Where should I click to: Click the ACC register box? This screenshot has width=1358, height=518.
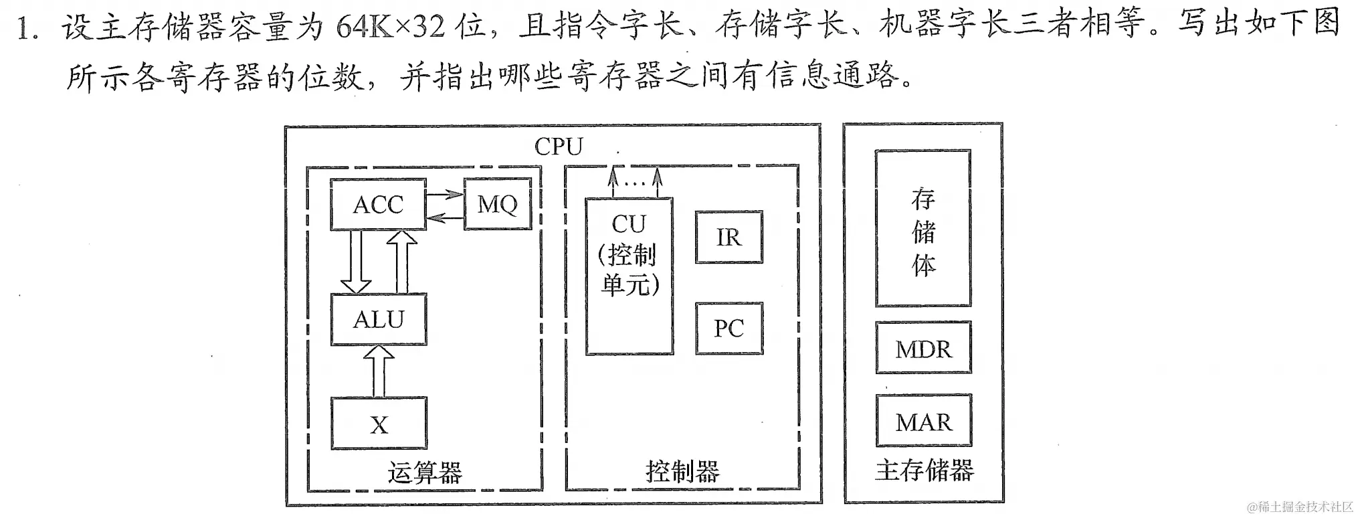(x=378, y=204)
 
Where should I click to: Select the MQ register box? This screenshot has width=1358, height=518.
(x=497, y=204)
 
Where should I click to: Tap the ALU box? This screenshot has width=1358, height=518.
(x=379, y=319)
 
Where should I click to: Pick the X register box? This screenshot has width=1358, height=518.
(x=379, y=424)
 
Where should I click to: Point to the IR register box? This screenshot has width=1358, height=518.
(x=729, y=238)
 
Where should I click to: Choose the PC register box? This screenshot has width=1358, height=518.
(x=729, y=328)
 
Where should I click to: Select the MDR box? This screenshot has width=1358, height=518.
(x=923, y=348)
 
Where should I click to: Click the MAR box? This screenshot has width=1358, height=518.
(x=923, y=422)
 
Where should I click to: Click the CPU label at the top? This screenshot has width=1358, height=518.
(x=559, y=147)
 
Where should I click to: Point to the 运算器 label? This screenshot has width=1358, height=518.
(x=425, y=472)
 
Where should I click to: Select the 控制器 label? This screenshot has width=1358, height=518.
(x=682, y=472)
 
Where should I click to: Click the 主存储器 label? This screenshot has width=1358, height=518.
(x=924, y=471)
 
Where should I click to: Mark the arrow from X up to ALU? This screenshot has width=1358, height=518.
(x=379, y=371)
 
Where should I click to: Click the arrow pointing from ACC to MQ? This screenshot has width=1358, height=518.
(x=445, y=195)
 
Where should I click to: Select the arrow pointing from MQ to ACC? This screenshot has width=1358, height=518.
(x=445, y=216)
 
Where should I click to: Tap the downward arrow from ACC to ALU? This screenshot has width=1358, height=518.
(x=355, y=262)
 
